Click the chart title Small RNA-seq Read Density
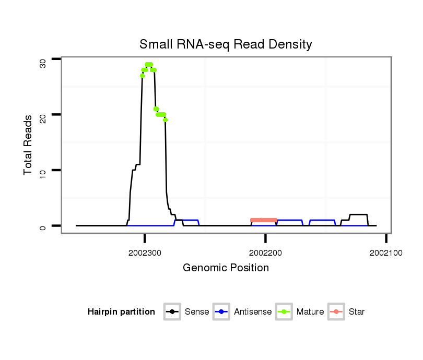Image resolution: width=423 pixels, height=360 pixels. [x=226, y=44]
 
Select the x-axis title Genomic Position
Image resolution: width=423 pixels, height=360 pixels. [x=226, y=268]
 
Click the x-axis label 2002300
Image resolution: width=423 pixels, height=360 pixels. [x=145, y=253]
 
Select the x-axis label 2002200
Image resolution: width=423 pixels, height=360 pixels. [x=265, y=253]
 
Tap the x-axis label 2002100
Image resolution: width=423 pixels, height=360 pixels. [x=385, y=253]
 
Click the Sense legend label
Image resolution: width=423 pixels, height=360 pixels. [x=197, y=312]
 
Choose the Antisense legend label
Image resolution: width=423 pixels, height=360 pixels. [x=253, y=312]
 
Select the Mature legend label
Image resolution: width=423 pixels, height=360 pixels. [x=310, y=312]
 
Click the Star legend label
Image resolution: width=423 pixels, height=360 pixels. [x=356, y=312]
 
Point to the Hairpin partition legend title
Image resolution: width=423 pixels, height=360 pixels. [x=122, y=312]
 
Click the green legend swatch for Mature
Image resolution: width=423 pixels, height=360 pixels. [x=285, y=312]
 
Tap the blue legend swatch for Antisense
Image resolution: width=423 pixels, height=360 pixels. [x=222, y=312]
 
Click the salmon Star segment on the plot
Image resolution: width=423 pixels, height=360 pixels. [x=264, y=220]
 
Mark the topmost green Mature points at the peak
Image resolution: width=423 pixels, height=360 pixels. [x=149, y=65]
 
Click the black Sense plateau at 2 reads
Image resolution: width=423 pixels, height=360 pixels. [x=359, y=214]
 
